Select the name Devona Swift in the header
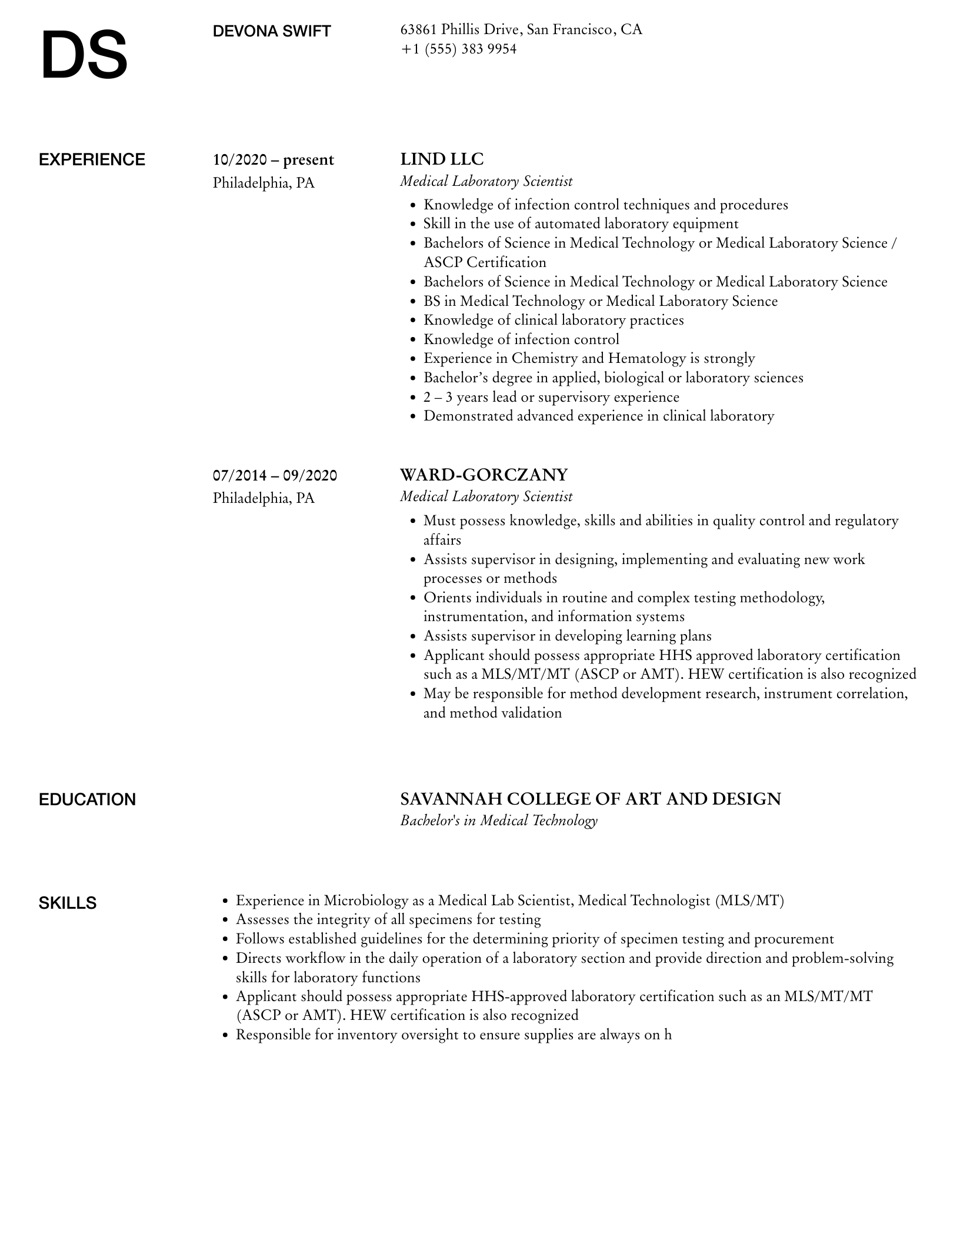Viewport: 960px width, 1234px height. tap(272, 31)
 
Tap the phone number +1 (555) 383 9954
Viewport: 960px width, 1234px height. tap(458, 49)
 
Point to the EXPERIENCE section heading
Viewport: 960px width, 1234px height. tap(92, 160)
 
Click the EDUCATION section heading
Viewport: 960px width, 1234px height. tap(87, 800)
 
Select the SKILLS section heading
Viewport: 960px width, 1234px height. tap(68, 903)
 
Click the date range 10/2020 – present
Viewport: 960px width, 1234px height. tap(273, 160)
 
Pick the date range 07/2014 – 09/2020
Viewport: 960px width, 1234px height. tap(275, 475)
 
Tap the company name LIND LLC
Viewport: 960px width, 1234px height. tap(442, 159)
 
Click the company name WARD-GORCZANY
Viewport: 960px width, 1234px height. tap(484, 474)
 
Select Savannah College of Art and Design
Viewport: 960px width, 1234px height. tap(590, 799)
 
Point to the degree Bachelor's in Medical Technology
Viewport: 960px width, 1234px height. tap(498, 821)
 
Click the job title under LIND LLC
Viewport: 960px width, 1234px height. tap(486, 181)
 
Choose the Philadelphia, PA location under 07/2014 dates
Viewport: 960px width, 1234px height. tap(264, 498)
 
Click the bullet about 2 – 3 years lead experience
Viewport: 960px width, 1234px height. tap(551, 397)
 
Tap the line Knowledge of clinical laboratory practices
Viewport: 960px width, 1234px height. tap(553, 320)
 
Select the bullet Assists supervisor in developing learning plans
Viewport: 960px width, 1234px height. tap(567, 636)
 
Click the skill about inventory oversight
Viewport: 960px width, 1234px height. tap(453, 1035)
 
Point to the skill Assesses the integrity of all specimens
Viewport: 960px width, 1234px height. tap(388, 919)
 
